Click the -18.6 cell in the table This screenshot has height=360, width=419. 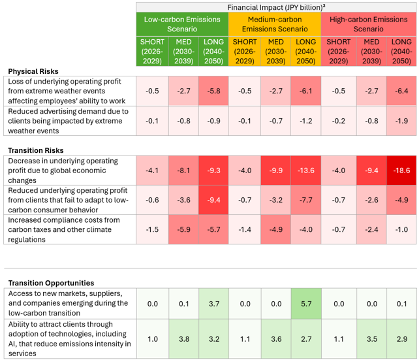click(x=401, y=171)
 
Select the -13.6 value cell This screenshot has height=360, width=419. click(x=305, y=171)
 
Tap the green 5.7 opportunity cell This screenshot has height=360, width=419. click(x=306, y=304)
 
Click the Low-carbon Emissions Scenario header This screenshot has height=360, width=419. click(x=182, y=24)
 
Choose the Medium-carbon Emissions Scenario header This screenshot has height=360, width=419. click(x=275, y=24)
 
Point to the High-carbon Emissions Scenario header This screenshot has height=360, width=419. click(x=369, y=24)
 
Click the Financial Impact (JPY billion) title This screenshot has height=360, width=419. click(x=276, y=7)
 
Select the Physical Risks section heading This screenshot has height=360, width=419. click(x=33, y=71)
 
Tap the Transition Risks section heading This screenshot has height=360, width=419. click(x=36, y=150)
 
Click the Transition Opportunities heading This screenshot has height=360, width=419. click(x=51, y=283)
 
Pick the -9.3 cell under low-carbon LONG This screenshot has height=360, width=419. click(x=213, y=171)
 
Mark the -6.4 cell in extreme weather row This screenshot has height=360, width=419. click(x=401, y=91)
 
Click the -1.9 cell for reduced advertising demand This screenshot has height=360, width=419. click(x=401, y=121)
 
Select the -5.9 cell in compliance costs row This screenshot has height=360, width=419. click(x=183, y=229)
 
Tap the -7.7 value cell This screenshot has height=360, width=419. click(x=305, y=200)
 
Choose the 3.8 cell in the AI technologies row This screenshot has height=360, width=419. click(x=184, y=339)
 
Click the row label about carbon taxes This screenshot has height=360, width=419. click(x=64, y=229)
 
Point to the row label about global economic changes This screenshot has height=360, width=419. click(x=63, y=171)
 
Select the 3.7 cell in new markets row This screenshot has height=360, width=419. click(x=214, y=304)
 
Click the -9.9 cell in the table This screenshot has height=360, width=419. click(x=276, y=171)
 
